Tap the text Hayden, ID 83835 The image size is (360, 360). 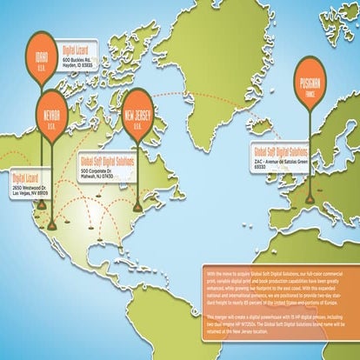tap(83, 65)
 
